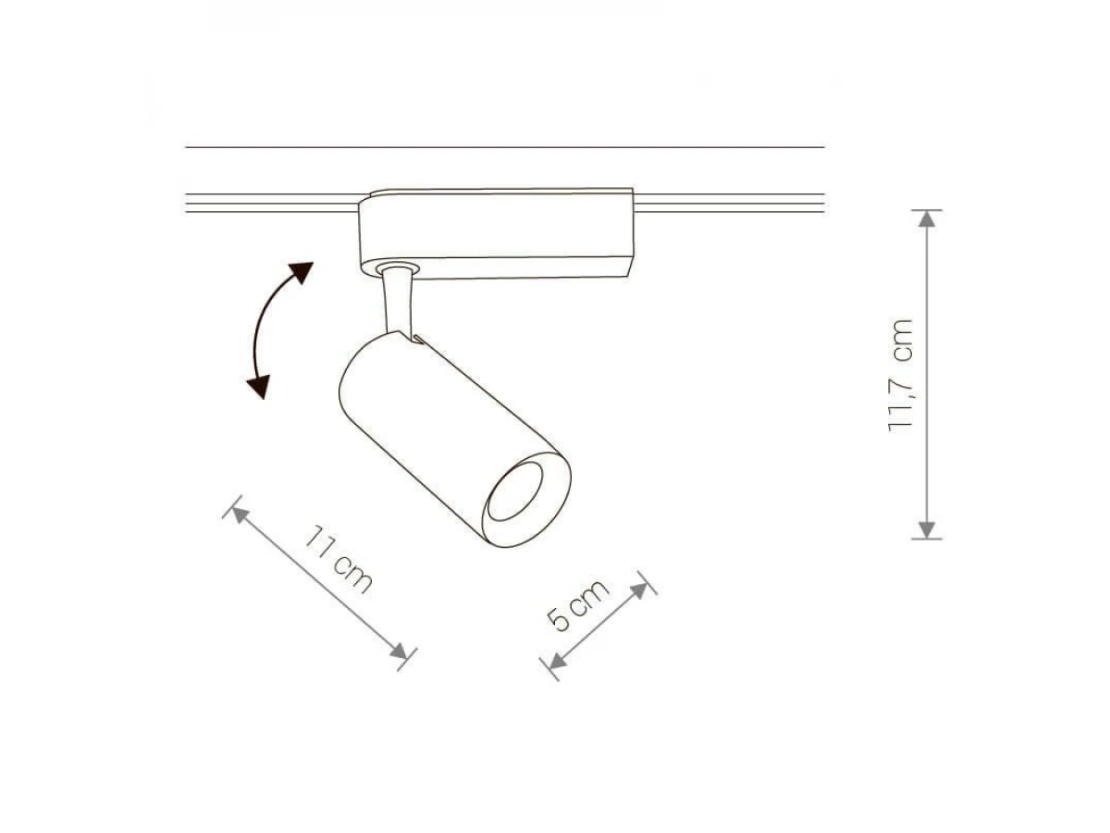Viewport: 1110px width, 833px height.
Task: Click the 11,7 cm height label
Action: (x=901, y=375)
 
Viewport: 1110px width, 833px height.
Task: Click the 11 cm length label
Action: (x=338, y=560)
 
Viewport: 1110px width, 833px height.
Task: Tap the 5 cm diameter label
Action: (x=577, y=604)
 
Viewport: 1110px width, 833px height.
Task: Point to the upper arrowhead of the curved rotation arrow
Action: (x=301, y=272)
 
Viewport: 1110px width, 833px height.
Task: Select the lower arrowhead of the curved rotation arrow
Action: (x=258, y=387)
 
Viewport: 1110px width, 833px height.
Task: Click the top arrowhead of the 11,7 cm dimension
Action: (x=927, y=218)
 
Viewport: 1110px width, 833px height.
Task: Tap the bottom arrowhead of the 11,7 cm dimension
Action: (x=927, y=530)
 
